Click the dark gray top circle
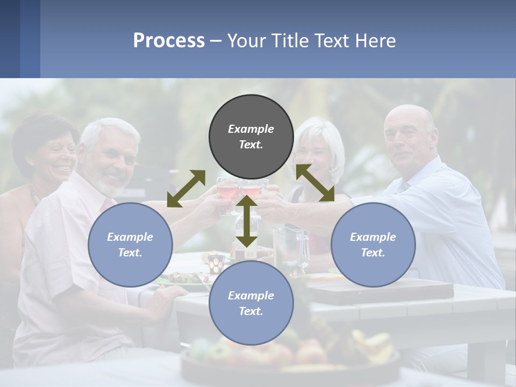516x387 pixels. click(251, 137)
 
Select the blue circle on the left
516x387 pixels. click(130, 245)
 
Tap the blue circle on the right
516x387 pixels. click(373, 245)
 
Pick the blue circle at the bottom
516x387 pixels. click(251, 303)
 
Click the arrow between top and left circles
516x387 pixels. click(186, 189)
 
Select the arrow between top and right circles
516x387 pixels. click(315, 183)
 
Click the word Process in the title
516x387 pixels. click(169, 40)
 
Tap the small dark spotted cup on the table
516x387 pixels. click(216, 263)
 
